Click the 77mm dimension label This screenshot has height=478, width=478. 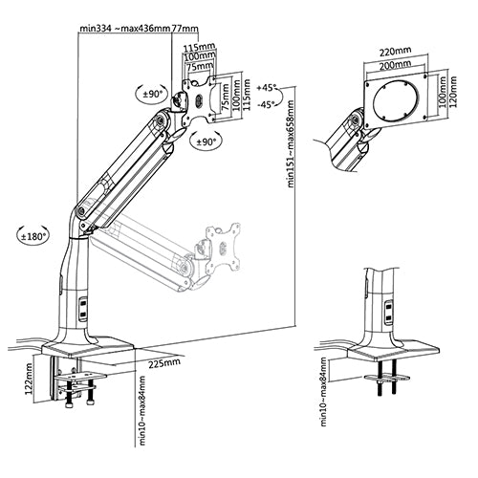click(185, 28)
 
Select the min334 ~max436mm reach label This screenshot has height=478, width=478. click(125, 28)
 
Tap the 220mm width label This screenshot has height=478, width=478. click(395, 51)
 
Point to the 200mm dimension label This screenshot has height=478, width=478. click(395, 65)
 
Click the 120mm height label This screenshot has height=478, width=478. click(452, 92)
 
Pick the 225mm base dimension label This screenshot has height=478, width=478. click(164, 363)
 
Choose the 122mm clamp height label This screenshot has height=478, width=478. click(30, 379)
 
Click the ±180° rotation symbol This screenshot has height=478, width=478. click(33, 236)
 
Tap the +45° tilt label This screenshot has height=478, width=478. click(266, 87)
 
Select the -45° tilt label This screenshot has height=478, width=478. click(266, 104)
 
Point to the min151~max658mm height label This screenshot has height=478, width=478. click(291, 143)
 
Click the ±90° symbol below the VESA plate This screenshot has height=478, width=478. click(206, 141)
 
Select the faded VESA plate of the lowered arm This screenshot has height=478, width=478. click(223, 246)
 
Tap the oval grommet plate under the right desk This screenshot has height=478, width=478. click(387, 378)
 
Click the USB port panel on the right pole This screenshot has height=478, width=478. click(388, 313)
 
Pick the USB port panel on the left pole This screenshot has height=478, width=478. click(82, 309)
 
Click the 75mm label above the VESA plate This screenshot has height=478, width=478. click(200, 67)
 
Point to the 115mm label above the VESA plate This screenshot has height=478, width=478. click(199, 47)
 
